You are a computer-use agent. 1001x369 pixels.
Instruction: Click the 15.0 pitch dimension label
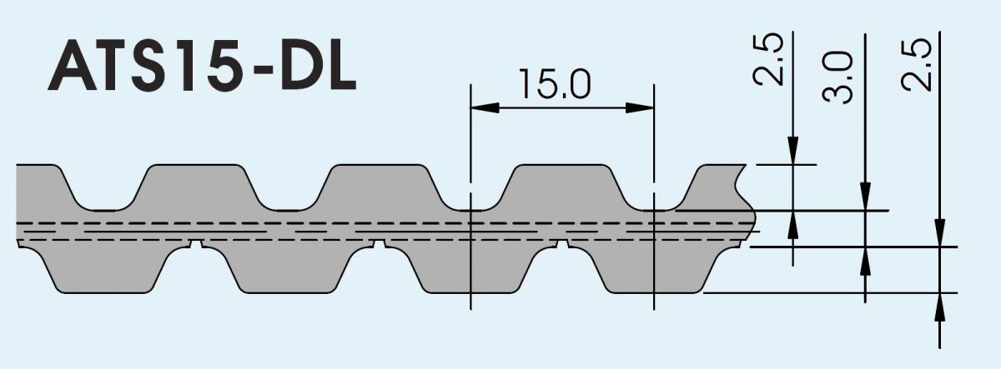coord(555,84)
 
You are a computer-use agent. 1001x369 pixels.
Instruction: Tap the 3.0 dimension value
coord(837,77)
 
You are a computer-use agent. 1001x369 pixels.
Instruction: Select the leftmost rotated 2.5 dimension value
coord(768,59)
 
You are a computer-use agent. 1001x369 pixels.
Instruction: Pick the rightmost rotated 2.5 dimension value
coord(916,66)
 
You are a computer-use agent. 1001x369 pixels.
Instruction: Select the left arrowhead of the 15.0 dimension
coord(485,108)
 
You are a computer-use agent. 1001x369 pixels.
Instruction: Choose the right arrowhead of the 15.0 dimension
coord(640,108)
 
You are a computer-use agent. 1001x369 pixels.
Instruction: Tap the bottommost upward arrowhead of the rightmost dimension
coord(940,307)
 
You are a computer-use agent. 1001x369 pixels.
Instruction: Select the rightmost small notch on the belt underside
coord(562,244)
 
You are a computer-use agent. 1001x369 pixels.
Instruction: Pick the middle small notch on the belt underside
coord(380,244)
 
